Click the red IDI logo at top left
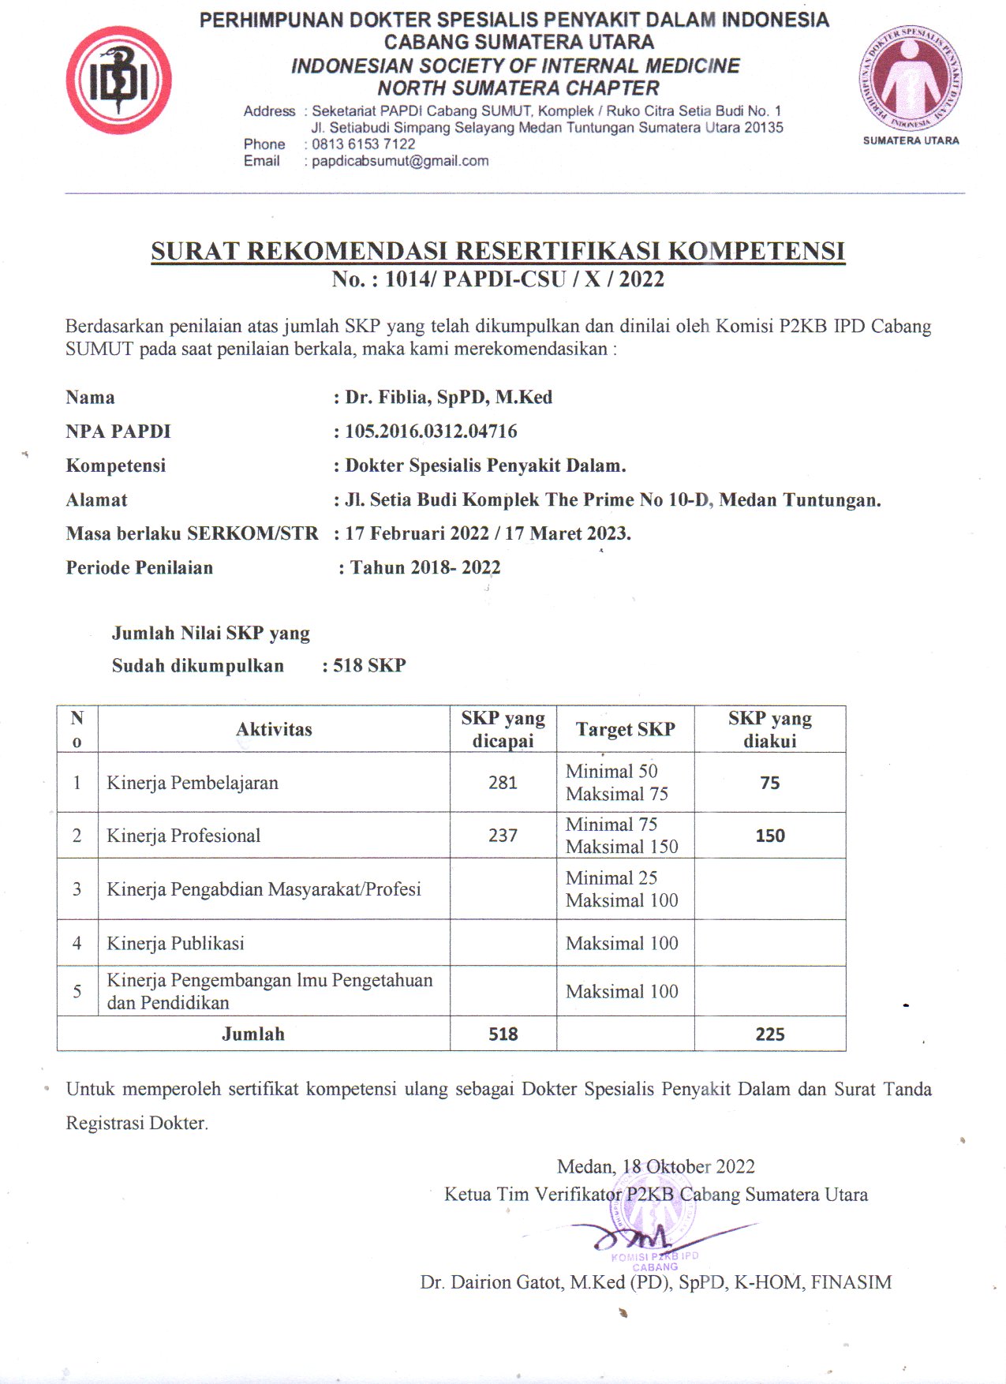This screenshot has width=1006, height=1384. [118, 80]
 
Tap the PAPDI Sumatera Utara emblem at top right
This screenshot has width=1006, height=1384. [911, 79]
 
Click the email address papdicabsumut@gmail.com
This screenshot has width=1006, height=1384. [400, 161]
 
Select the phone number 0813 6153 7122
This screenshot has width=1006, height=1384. [363, 144]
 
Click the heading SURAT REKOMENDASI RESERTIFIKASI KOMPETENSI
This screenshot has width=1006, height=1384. [498, 251]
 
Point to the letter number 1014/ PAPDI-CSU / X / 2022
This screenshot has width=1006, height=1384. [524, 279]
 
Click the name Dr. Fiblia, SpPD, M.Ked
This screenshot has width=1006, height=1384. [448, 397]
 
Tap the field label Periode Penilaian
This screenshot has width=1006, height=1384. [140, 567]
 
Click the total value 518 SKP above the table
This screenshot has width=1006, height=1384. [369, 665]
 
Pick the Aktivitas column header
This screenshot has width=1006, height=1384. [274, 729]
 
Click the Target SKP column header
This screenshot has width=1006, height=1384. [625, 729]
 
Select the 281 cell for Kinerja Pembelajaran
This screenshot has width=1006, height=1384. [503, 783]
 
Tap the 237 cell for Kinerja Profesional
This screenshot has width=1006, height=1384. [503, 836]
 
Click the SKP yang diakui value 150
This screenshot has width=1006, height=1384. [770, 836]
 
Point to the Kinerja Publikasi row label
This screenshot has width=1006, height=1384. [176, 943]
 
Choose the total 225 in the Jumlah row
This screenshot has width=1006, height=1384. [770, 1034]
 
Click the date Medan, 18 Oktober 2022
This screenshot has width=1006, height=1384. [656, 1166]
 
